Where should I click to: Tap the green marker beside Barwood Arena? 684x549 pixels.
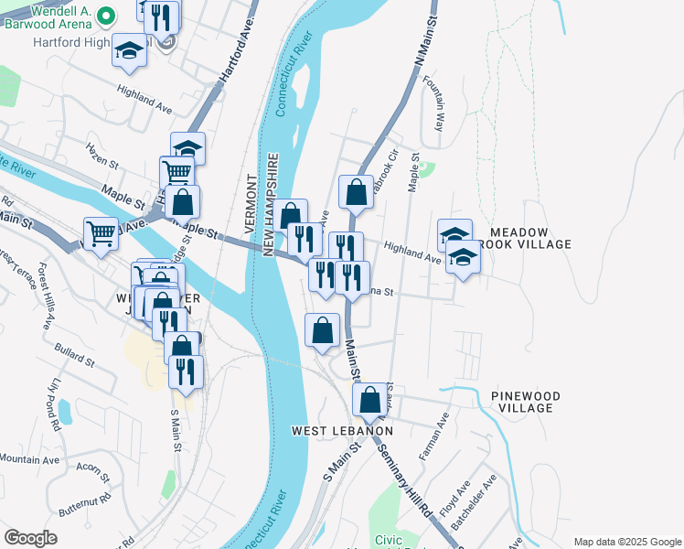[105, 16]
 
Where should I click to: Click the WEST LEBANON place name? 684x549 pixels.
[342, 431]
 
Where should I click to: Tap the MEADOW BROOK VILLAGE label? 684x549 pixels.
[531, 239]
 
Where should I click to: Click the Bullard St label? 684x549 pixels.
[75, 356]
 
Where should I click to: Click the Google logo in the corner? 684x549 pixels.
[31, 537]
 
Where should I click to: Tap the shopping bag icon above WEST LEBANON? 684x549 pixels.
[369, 401]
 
